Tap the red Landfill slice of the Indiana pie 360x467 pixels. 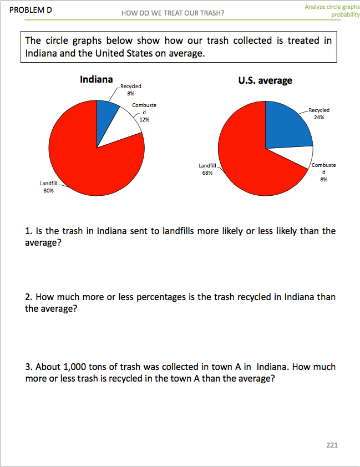click(89, 161)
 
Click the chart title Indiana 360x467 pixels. click(97, 79)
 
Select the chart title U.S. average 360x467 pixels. click(265, 80)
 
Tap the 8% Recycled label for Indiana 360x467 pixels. click(131, 90)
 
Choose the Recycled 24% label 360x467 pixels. click(319, 114)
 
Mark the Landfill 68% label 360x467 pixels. click(207, 169)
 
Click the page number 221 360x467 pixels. click(332, 445)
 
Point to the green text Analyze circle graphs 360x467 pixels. click(332, 7)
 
